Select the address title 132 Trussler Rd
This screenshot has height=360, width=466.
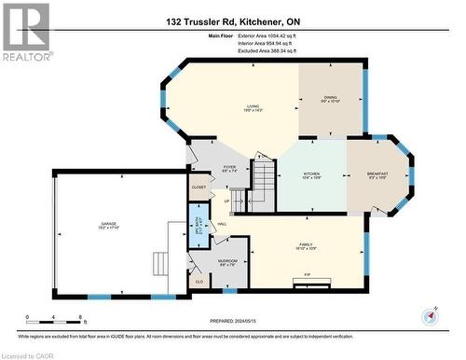(233, 21)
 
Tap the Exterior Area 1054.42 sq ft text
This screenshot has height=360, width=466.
(271, 35)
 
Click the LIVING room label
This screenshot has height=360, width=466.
(252, 108)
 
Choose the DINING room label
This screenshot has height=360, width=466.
(330, 99)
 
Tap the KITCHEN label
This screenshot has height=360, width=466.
(312, 175)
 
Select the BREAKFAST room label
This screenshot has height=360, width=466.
(377, 174)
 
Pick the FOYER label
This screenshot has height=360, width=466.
(229, 170)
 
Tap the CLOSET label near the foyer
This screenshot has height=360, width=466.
(199, 187)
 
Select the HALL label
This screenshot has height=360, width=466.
(222, 224)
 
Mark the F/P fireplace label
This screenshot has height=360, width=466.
(307, 275)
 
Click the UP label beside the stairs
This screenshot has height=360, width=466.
(226, 201)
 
